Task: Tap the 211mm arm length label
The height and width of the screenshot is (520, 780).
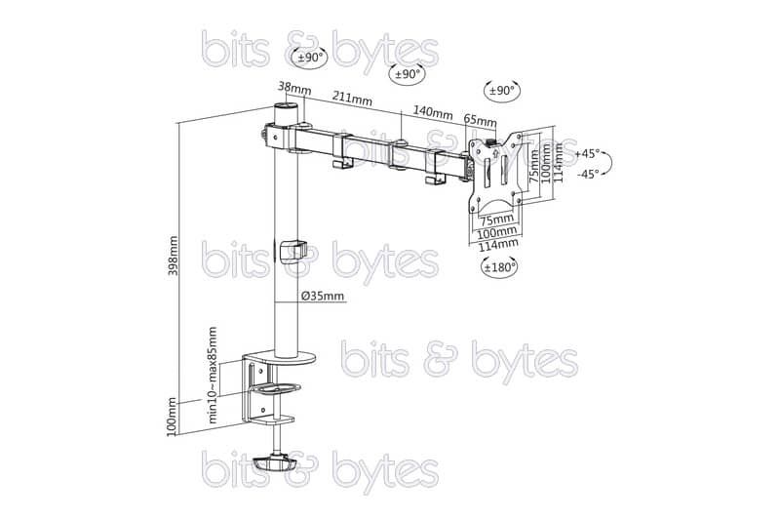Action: click(x=352, y=98)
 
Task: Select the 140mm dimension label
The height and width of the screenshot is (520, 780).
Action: click(x=432, y=113)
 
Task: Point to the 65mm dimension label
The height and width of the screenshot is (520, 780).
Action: click(x=480, y=120)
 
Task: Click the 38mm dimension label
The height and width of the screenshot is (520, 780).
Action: click(x=294, y=88)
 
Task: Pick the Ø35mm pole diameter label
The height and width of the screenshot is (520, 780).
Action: click(x=323, y=296)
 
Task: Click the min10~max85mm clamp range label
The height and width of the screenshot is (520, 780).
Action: click(x=213, y=375)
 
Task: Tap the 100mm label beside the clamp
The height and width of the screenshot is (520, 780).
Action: click(x=173, y=417)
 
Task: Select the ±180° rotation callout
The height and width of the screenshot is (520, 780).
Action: click(x=499, y=266)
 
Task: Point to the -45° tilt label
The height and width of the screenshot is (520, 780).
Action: click(x=588, y=175)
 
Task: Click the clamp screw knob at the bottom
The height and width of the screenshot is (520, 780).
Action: click(x=274, y=463)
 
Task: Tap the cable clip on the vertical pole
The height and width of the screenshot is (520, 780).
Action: click(x=292, y=252)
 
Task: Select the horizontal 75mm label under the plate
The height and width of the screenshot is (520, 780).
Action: click(x=496, y=219)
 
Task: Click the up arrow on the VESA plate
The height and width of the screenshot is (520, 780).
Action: click(x=494, y=151)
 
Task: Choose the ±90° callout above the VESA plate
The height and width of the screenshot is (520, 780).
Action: click(x=502, y=91)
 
